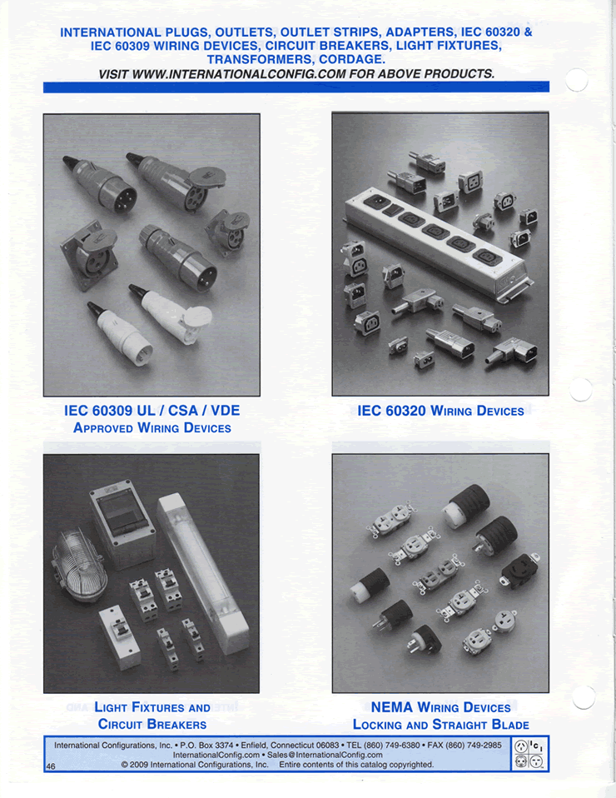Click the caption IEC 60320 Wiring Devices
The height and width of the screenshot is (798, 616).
440,411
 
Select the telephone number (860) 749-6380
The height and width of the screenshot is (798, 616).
386,745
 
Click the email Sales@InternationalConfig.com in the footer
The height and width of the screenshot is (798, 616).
316,755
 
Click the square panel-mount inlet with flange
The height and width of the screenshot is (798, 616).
87,253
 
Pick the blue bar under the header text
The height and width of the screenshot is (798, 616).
296,87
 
